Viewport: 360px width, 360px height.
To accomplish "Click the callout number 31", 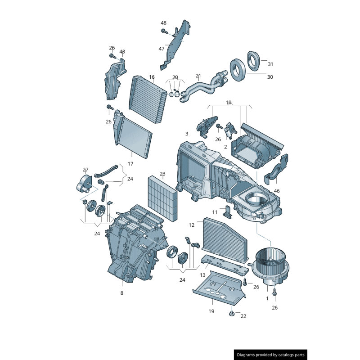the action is (270, 64).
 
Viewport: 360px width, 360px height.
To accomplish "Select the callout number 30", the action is (270, 77).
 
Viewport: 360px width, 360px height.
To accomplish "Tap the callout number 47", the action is (162, 49).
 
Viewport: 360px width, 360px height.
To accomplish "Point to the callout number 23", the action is (162, 174).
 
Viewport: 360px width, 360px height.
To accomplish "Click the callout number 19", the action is (211, 311).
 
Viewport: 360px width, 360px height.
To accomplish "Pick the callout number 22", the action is (243, 316).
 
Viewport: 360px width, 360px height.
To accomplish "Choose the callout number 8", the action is (121, 293).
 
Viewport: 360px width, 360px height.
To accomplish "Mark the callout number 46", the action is (277, 191).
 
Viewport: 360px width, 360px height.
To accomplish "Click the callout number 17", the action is (130, 164).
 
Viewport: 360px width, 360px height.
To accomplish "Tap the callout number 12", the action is (192, 225).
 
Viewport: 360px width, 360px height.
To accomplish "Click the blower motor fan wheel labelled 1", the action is (271, 266).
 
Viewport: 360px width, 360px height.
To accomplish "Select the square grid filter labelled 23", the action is (162, 199).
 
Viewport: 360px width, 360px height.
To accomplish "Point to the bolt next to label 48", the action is (164, 31).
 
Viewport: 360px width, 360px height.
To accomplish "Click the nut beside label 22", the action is (232, 313).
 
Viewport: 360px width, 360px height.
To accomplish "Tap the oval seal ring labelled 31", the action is (253, 61).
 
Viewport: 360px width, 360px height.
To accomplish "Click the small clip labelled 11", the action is (227, 211).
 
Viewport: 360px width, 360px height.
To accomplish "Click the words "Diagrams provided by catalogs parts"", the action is (271, 355).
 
